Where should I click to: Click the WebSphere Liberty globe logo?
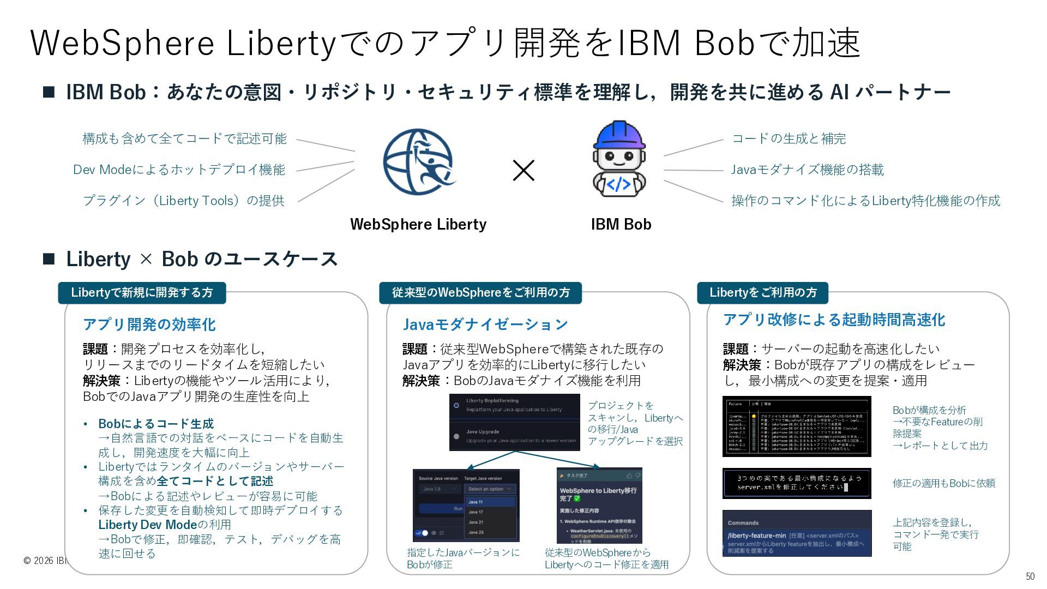pyautogui.click(x=418, y=162)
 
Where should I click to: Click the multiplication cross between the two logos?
pyautogui.click(x=523, y=171)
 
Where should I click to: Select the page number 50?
pyautogui.click(x=1030, y=576)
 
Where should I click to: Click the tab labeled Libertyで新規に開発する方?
pyautogui.click(x=142, y=293)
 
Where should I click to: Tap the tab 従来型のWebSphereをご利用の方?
pyautogui.click(x=480, y=293)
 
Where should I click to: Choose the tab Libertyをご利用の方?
pyautogui.click(x=762, y=293)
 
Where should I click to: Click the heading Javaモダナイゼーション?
pyautogui.click(x=485, y=324)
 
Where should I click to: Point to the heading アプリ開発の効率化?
pyautogui.click(x=149, y=324)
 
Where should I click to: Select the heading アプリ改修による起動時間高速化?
pyautogui.click(x=834, y=320)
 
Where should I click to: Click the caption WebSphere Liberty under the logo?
pyautogui.click(x=418, y=224)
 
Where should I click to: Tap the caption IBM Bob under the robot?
pyautogui.click(x=621, y=224)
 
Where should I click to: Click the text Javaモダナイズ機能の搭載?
pyautogui.click(x=807, y=170)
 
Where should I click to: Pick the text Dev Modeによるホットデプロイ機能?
pyautogui.click(x=179, y=170)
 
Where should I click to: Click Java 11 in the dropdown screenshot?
pyautogui.click(x=476, y=502)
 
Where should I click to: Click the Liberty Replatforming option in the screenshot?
pyautogui.click(x=492, y=401)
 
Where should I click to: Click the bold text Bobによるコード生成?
pyautogui.click(x=156, y=424)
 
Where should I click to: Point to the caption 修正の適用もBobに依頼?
pyautogui.click(x=943, y=483)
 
